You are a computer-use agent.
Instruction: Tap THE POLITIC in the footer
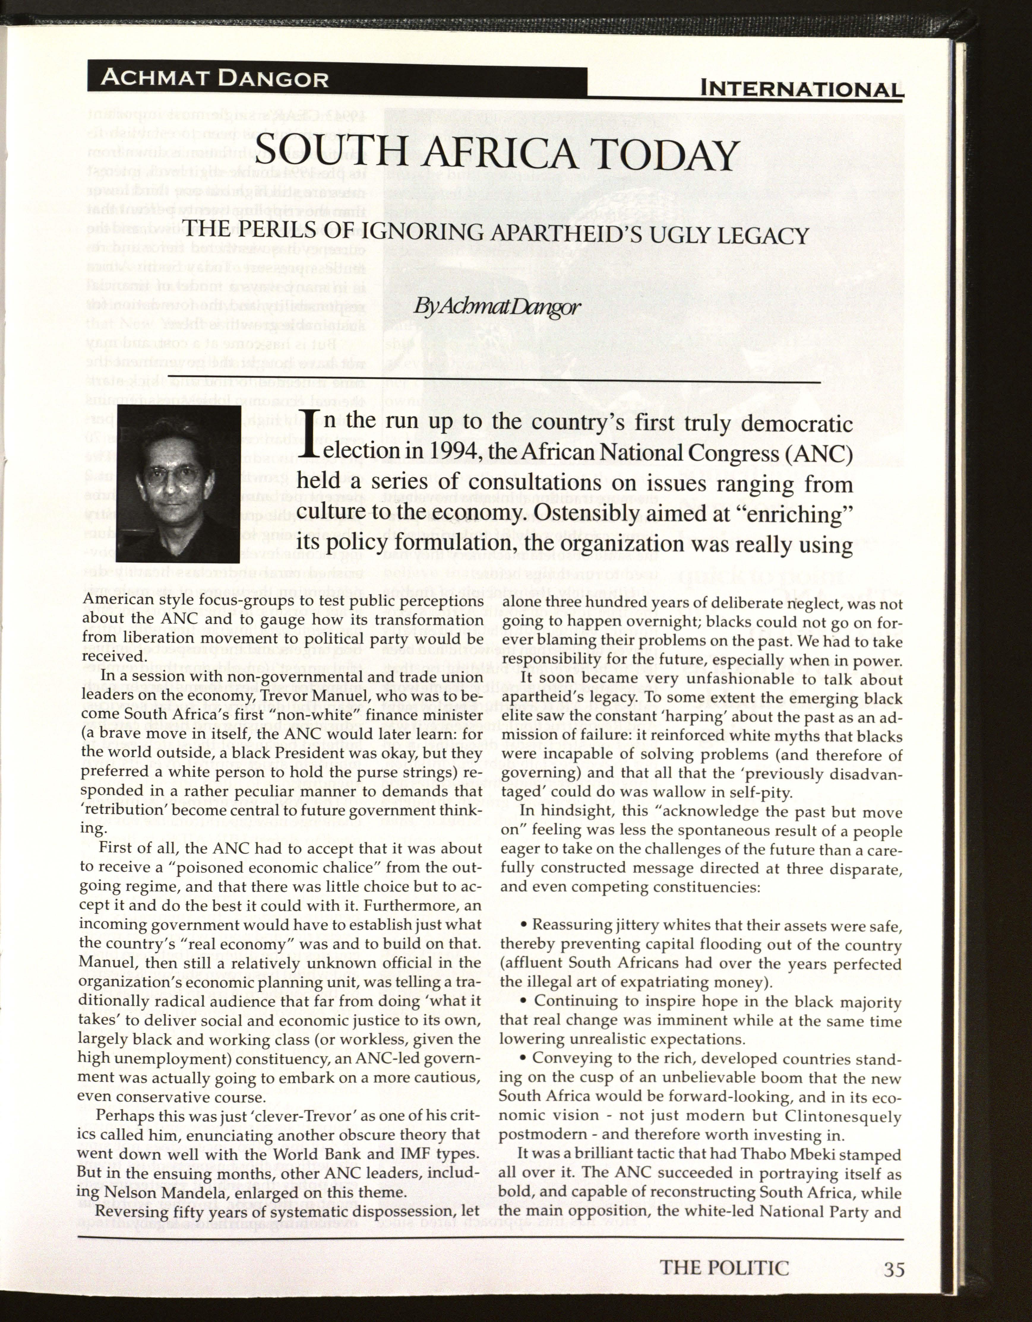point(724,1268)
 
